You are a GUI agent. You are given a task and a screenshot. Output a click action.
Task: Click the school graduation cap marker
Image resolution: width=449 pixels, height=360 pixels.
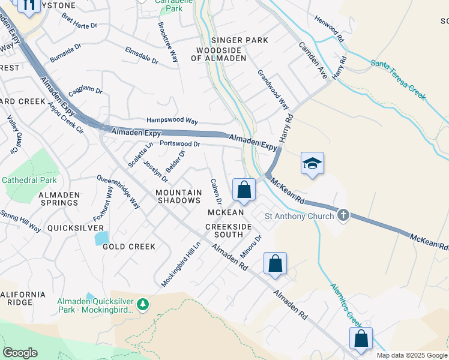click(312, 163)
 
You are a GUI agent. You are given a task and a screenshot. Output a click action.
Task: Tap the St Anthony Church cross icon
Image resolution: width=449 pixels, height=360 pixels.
click(343, 215)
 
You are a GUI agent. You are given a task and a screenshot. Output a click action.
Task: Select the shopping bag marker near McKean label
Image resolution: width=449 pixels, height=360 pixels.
click(244, 190)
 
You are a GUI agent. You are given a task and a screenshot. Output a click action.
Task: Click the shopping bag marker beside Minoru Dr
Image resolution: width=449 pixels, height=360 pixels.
click(275, 263)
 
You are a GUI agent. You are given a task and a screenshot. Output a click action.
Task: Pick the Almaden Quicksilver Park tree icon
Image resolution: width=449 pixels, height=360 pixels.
click(143, 305)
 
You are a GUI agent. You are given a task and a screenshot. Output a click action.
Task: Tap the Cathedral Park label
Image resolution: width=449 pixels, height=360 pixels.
click(29, 180)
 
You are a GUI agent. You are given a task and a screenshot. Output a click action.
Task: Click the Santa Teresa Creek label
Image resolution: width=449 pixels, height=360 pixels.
click(398, 79)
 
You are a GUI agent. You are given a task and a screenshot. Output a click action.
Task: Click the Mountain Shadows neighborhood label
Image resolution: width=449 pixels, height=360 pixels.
click(178, 196)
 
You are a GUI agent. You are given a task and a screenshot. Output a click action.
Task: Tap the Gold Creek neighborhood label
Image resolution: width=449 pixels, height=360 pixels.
click(129, 247)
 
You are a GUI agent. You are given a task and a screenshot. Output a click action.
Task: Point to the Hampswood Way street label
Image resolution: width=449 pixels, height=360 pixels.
click(172, 121)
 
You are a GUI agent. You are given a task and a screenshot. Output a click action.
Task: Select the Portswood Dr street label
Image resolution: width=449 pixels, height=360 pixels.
click(179, 144)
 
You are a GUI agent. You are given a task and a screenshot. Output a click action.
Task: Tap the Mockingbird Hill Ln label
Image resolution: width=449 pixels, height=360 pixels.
click(180, 265)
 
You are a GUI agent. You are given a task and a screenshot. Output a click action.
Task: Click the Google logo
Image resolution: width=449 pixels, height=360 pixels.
click(20, 353)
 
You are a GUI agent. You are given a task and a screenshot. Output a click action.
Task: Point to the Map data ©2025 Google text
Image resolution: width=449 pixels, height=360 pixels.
click(412, 355)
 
